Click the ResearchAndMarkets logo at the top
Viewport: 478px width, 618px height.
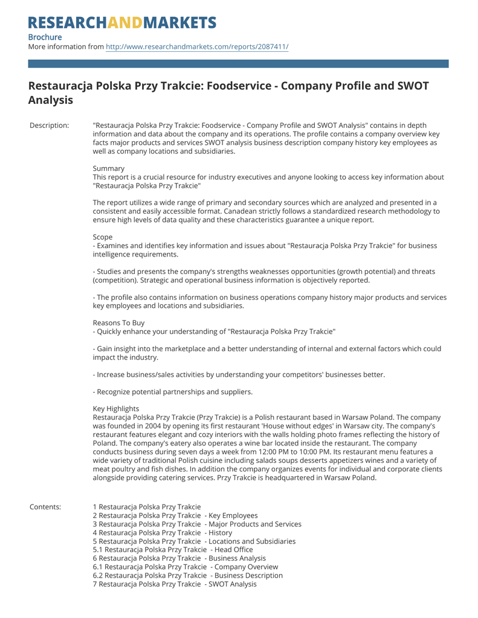click(x=122, y=23)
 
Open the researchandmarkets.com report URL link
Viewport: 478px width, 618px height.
click(x=197, y=46)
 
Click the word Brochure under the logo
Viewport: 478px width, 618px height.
click(x=45, y=37)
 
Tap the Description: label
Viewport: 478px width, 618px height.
click(x=50, y=126)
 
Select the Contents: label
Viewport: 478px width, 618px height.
click(x=45, y=507)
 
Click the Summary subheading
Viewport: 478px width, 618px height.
click(x=109, y=168)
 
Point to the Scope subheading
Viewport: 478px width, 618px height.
click(x=103, y=237)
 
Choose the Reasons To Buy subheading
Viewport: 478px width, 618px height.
click(x=118, y=323)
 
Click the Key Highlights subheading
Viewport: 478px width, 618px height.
click(x=116, y=409)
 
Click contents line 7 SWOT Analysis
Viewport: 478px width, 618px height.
click(x=175, y=584)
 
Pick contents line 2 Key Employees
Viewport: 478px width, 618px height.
click(x=175, y=515)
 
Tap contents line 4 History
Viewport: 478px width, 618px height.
click(x=163, y=533)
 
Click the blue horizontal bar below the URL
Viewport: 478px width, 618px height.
click(x=239, y=63)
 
